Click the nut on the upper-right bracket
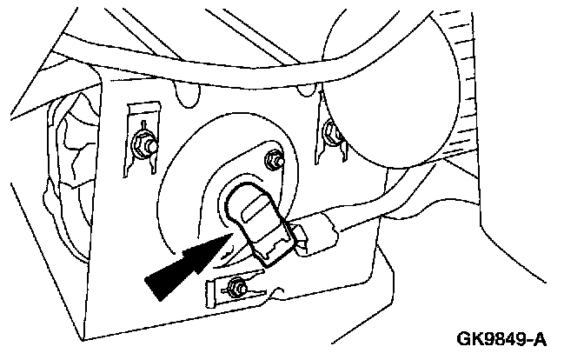click(x=331, y=132)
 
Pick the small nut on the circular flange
click(x=274, y=162)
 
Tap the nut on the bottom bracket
click(x=236, y=284)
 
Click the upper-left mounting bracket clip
click(x=136, y=130)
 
